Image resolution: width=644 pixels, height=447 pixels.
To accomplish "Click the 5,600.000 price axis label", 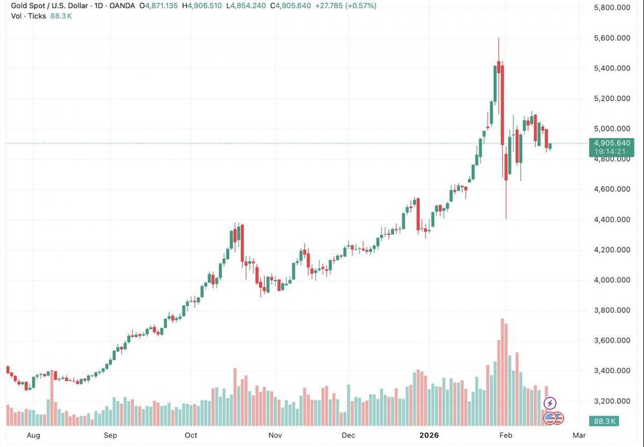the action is click(612, 38).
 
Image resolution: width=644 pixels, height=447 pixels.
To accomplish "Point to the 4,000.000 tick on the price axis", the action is click(612, 280).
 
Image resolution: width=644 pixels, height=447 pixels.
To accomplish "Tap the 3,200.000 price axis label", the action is click(612, 401).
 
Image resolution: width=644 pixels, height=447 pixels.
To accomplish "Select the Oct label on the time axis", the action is click(191, 435).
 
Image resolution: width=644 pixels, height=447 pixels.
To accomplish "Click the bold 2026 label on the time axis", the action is click(429, 435).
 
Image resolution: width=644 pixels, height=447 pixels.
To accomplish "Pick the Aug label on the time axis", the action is click(33, 435).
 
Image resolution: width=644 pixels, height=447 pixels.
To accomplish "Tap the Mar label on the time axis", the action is click(579, 435).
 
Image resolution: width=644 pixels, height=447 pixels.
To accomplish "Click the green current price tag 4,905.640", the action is click(612, 144).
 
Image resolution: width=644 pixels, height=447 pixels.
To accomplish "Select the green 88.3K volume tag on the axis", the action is click(603, 421).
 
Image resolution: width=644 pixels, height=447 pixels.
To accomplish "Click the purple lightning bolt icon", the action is click(550, 403).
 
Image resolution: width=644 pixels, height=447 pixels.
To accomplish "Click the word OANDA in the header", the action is click(122, 6).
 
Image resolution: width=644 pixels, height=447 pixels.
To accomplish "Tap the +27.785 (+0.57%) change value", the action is click(345, 6).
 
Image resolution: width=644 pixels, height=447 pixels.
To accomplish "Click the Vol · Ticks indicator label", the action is click(28, 16).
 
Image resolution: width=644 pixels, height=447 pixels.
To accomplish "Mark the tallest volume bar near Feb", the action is click(502, 372).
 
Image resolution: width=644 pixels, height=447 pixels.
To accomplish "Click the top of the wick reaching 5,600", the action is click(498, 38).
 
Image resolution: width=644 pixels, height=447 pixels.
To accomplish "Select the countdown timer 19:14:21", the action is click(612, 151).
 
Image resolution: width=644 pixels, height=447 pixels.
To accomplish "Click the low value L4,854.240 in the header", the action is click(246, 6).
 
